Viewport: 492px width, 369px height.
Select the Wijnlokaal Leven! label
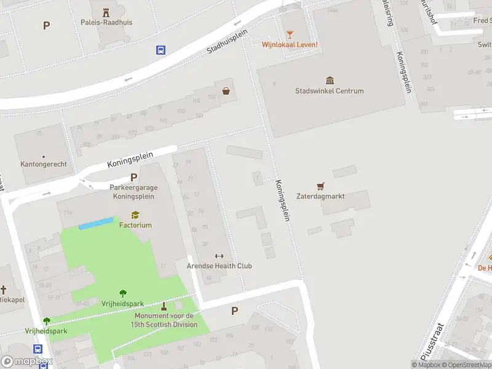(x=290, y=44)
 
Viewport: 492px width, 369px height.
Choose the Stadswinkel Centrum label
(x=329, y=91)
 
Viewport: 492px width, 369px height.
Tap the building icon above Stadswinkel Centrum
(x=330, y=81)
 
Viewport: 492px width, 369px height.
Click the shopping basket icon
(x=226, y=90)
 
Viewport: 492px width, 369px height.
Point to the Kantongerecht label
(x=44, y=164)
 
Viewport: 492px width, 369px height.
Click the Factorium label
(x=135, y=225)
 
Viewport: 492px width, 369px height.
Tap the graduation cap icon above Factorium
(x=135, y=215)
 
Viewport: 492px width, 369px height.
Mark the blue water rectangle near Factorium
(x=96, y=223)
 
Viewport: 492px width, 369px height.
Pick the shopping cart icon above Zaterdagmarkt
(x=320, y=186)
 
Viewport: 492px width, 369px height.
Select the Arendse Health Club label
(x=219, y=266)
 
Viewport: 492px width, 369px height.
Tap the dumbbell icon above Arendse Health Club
(x=219, y=256)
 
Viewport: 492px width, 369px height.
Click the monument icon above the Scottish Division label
(x=164, y=306)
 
